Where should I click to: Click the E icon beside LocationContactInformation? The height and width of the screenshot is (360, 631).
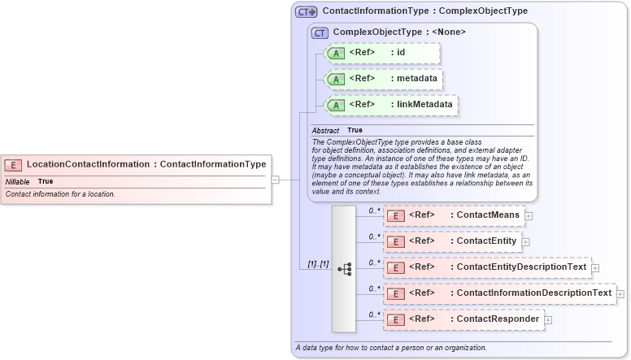[16, 164]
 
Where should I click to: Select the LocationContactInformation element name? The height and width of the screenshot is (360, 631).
[89, 164]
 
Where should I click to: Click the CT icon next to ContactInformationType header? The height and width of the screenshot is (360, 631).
[306, 11]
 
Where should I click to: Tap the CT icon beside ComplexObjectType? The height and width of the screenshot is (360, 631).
[320, 33]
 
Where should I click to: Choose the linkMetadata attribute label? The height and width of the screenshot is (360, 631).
[425, 105]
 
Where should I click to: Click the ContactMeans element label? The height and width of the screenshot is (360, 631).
[488, 215]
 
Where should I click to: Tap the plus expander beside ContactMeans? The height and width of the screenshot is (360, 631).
[529, 216]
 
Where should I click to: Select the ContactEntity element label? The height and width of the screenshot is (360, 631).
[486, 241]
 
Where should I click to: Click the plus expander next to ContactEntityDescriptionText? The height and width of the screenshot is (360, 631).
[595, 267]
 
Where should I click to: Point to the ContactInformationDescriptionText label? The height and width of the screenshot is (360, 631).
[533, 293]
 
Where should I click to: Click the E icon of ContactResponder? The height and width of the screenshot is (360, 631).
[394, 319]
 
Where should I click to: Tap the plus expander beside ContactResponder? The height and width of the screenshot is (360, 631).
[548, 320]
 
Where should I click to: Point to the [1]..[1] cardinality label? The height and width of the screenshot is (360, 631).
[318, 265]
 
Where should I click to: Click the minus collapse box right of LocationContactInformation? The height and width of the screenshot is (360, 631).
[276, 180]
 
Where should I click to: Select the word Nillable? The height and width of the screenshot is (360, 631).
[18, 181]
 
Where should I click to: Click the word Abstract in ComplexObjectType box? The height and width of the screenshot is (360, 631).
[325, 130]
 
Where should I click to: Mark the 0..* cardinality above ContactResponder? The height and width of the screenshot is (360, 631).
[374, 314]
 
